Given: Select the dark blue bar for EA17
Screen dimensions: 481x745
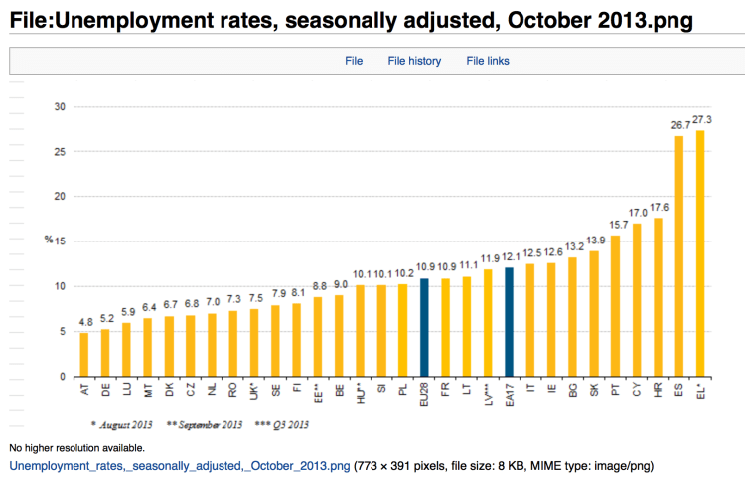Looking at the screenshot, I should point(509,322).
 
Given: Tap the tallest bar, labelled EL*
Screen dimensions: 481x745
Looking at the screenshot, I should point(700,253).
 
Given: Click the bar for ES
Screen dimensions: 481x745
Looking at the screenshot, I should point(679,256).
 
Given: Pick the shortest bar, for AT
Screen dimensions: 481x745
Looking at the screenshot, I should point(84,355).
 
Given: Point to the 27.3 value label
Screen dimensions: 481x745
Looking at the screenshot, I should point(702,120).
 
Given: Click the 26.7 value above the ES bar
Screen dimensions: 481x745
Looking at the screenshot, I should point(678,126).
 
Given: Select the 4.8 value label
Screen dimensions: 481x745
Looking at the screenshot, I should point(84,323).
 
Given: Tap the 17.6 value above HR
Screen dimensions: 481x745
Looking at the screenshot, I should point(659,207).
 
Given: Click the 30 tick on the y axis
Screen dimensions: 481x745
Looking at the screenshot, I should point(60,106).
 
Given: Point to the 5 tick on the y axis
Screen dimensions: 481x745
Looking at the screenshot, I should point(63,332).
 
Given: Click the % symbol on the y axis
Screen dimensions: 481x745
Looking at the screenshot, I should point(48,240).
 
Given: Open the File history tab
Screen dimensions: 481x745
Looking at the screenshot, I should point(414,61).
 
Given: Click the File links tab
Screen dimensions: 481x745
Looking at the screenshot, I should point(488,61).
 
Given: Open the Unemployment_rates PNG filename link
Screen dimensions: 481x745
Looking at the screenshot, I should point(179,464).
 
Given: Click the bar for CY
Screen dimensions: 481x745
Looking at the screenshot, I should point(637,299).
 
